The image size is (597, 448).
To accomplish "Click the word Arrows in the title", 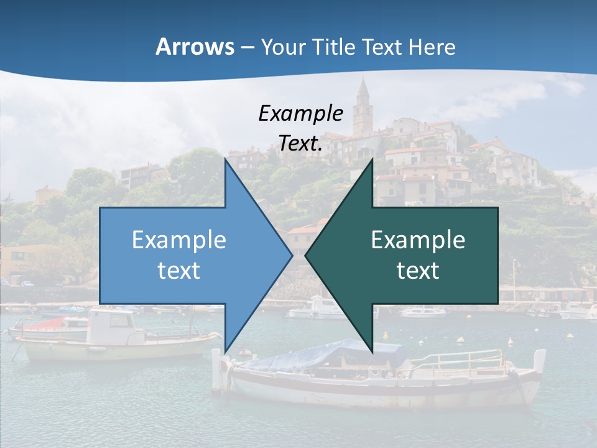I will coord(194,47).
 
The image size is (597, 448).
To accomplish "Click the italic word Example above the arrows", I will coord(300,113).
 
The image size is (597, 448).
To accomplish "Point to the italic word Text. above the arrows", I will coord(300,143).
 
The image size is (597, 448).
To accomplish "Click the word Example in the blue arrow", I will coord(178,240).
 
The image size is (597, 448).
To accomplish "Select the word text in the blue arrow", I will coord(178,270).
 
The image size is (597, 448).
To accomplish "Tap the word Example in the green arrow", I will coord(418,240).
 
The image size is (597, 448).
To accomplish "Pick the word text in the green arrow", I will coord(418,270).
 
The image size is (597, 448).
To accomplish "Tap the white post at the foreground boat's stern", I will coord(216,371).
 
